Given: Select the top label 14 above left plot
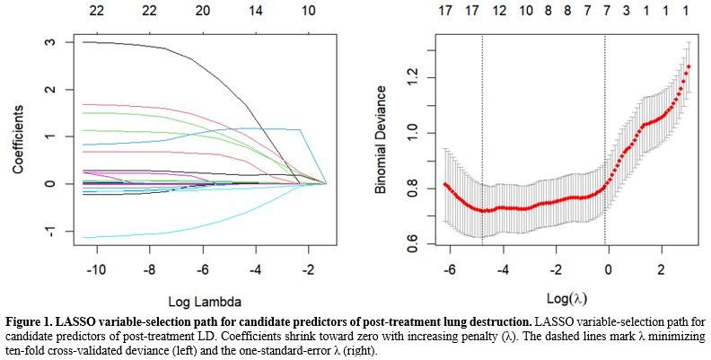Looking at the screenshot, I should [256, 12].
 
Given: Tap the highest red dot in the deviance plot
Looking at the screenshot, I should [689, 66].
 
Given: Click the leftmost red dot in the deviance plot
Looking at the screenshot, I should [444, 184].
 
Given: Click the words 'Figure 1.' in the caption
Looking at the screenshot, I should [31, 320].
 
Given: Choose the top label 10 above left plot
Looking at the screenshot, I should [309, 12].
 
